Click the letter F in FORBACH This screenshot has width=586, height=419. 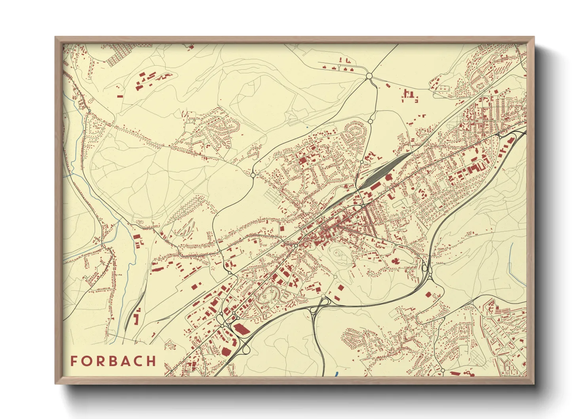pos(74,361)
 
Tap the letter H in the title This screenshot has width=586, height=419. pos(151,361)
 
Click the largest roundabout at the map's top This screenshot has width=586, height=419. pos(369,76)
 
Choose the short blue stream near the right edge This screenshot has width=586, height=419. pos(511,253)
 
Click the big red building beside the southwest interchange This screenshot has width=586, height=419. pos(240,329)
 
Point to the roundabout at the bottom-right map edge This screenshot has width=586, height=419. pos(443,370)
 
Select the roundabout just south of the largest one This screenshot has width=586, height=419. pos(370,121)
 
